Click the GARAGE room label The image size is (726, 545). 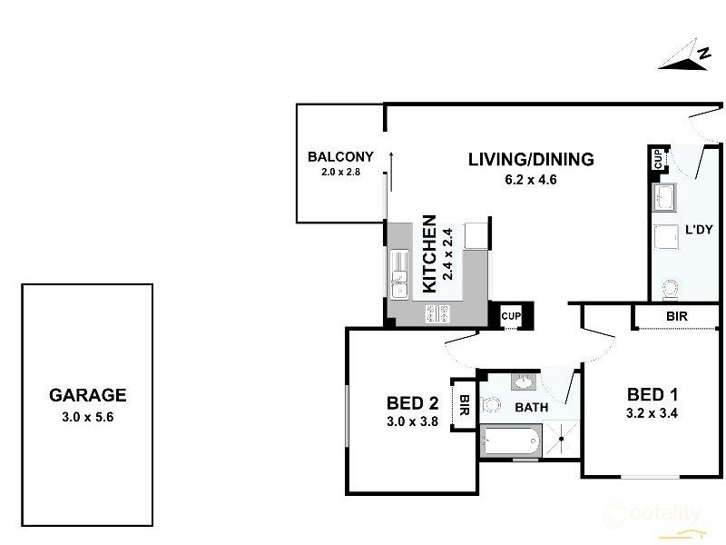tap(87, 395)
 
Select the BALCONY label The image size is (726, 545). tap(340, 155)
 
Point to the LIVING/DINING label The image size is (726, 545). tap(531, 160)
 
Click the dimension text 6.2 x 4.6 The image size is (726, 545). tap(530, 180)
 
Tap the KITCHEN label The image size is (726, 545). tap(430, 253)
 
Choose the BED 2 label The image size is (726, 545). tap(413, 403)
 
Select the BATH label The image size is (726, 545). tap(531, 407)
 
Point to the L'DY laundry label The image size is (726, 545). tap(697, 230)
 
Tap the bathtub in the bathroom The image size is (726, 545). tap(510, 443)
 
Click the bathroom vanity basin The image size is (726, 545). tap(525, 381)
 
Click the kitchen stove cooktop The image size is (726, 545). tap(438, 314)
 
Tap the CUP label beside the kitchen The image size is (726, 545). tap(512, 316)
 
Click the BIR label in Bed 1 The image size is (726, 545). tap(675, 317)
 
